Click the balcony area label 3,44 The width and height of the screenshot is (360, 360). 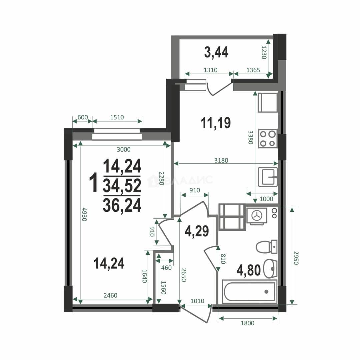(216, 52)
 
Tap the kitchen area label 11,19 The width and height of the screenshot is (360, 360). (216, 123)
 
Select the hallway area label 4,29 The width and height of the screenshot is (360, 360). (197, 231)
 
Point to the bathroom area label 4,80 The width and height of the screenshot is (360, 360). (249, 270)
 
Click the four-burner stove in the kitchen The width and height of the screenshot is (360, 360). (268, 138)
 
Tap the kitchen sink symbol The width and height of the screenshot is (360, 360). (268, 177)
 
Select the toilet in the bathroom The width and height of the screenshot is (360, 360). (267, 247)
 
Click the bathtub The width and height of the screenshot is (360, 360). (250, 292)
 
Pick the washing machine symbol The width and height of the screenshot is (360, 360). (257, 216)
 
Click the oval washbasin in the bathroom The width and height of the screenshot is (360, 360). (270, 269)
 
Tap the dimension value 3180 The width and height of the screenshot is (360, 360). (221, 160)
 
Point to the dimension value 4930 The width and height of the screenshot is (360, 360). (84, 214)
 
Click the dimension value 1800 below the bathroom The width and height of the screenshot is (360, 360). (247, 323)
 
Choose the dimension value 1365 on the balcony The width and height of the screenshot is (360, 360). (253, 70)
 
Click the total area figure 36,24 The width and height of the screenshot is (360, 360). (122, 205)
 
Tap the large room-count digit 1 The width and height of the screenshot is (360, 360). (94, 183)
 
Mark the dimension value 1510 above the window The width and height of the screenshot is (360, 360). (117, 117)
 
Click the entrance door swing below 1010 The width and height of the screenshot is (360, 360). (196, 314)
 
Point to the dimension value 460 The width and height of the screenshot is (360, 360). (166, 268)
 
